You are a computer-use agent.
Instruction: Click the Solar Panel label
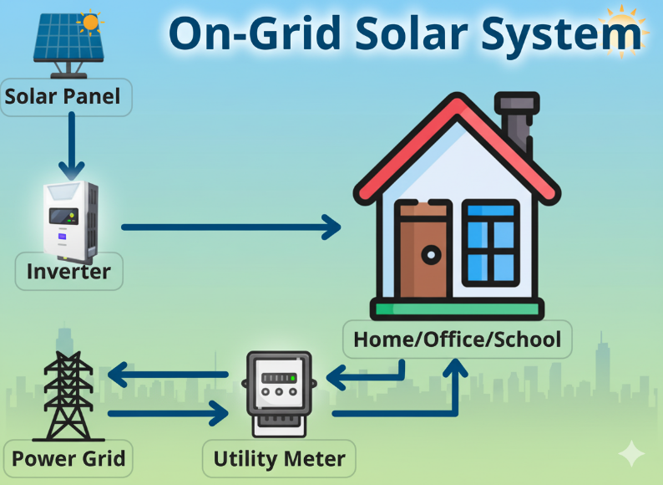(x=63, y=97)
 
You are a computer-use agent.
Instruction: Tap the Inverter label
(x=68, y=272)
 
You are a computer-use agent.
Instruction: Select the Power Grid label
(x=68, y=458)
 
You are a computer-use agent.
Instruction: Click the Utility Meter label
(x=279, y=459)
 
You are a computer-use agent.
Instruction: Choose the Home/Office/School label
(x=457, y=340)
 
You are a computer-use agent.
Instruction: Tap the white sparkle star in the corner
(x=632, y=454)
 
